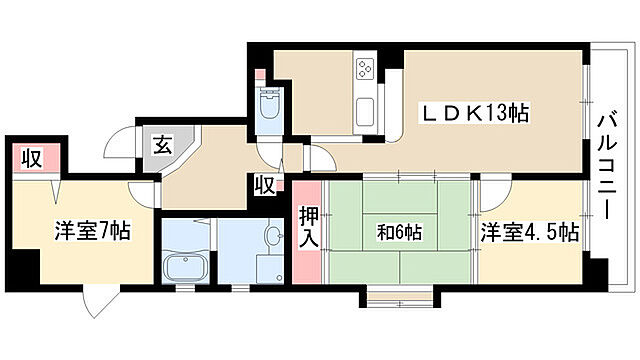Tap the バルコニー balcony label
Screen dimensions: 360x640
pos(606,167)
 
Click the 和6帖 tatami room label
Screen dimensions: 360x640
pos(400,233)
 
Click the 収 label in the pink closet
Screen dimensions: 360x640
pos(33,158)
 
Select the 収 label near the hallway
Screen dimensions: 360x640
pos(265,186)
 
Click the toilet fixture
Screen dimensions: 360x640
pos(268,106)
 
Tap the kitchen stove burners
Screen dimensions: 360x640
pos(364,71)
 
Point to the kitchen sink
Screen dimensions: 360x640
pos(365,108)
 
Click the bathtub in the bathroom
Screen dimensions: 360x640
pos(182,269)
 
